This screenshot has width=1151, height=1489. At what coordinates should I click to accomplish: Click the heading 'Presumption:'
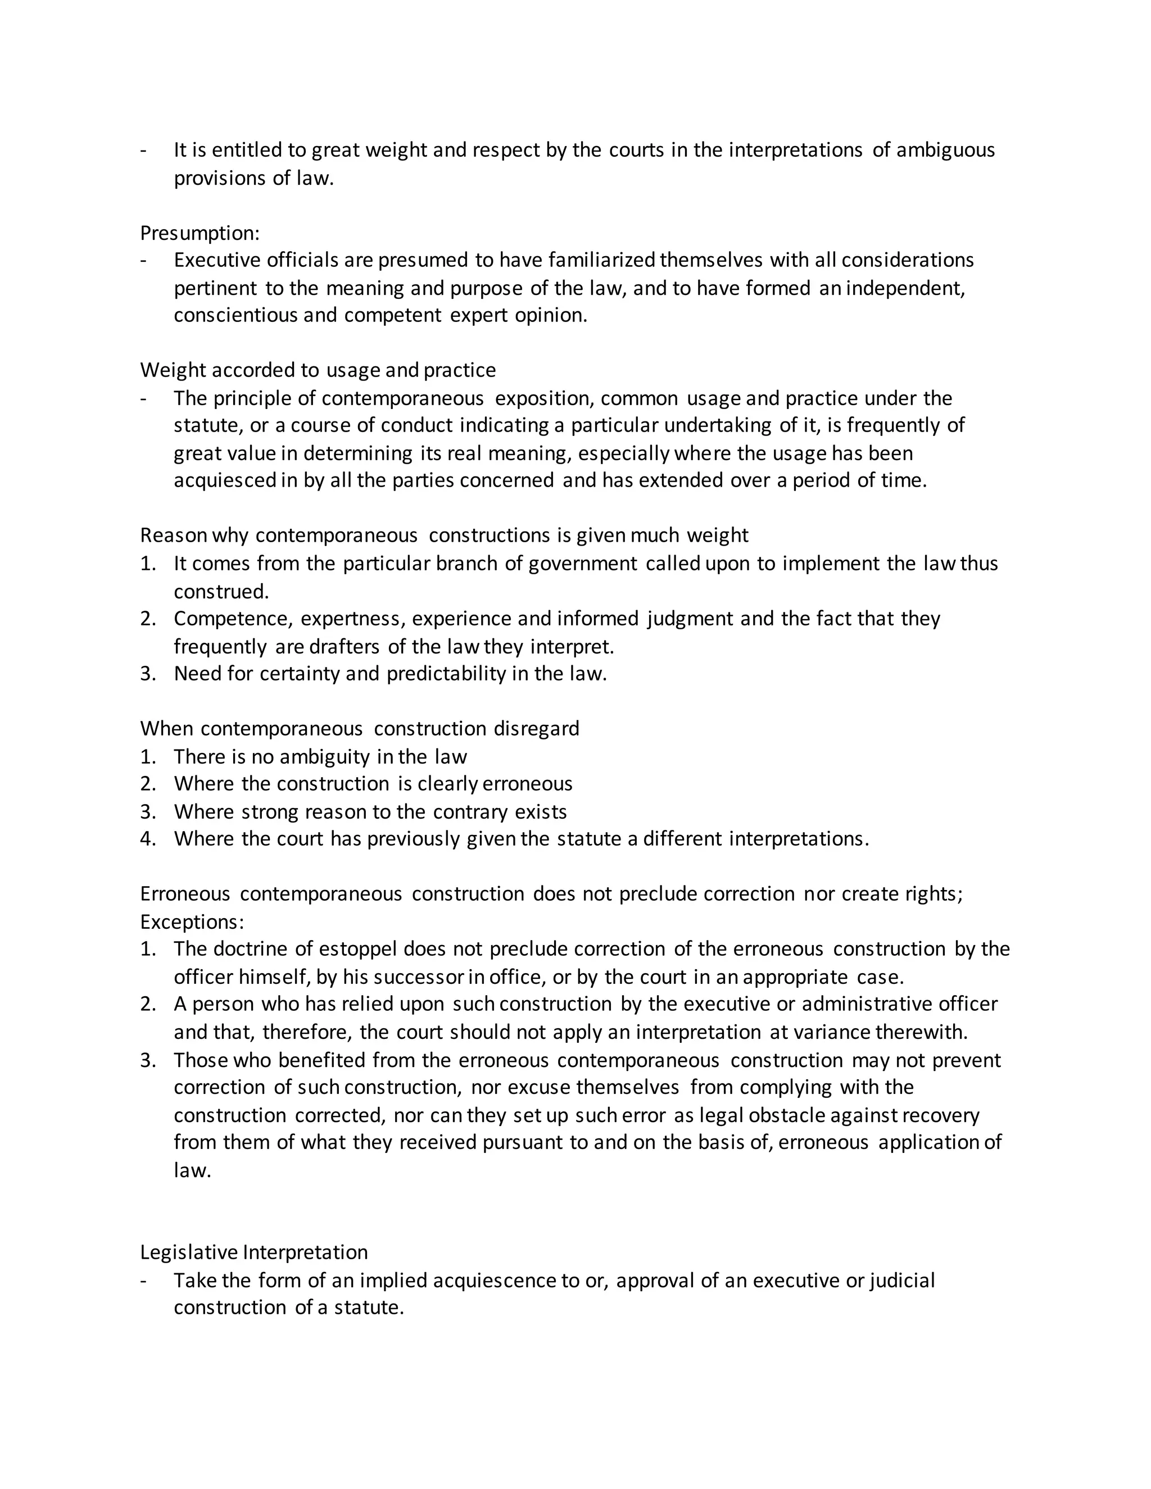pyautogui.click(x=200, y=233)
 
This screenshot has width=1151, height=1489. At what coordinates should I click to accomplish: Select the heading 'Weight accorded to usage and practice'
pyautogui.click(x=318, y=370)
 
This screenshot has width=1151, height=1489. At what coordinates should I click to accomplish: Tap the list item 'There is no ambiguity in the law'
pyautogui.click(x=320, y=757)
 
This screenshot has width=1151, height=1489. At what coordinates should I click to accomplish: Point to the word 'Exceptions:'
pyautogui.click(x=192, y=921)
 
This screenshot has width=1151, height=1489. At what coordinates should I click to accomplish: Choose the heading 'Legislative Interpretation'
pyautogui.click(x=253, y=1252)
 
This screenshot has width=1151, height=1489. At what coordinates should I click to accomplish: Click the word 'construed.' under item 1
pyautogui.click(x=221, y=591)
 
